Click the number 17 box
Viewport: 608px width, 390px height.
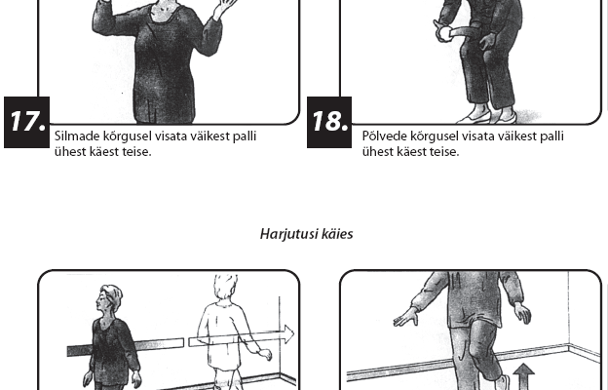26,122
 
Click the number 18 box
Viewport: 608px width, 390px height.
329,122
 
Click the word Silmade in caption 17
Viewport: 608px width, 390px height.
77,136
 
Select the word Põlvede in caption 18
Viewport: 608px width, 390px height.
385,136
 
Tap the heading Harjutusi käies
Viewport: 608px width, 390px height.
306,234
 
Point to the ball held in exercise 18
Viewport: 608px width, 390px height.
444,34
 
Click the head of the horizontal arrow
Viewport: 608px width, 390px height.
288,334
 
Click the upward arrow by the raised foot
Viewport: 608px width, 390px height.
523,375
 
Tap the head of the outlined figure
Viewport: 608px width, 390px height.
225,288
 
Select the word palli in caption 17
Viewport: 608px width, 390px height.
245,136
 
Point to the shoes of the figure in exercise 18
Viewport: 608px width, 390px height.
487,115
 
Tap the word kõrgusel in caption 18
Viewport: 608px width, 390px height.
435,136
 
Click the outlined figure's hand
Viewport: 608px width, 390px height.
265,354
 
